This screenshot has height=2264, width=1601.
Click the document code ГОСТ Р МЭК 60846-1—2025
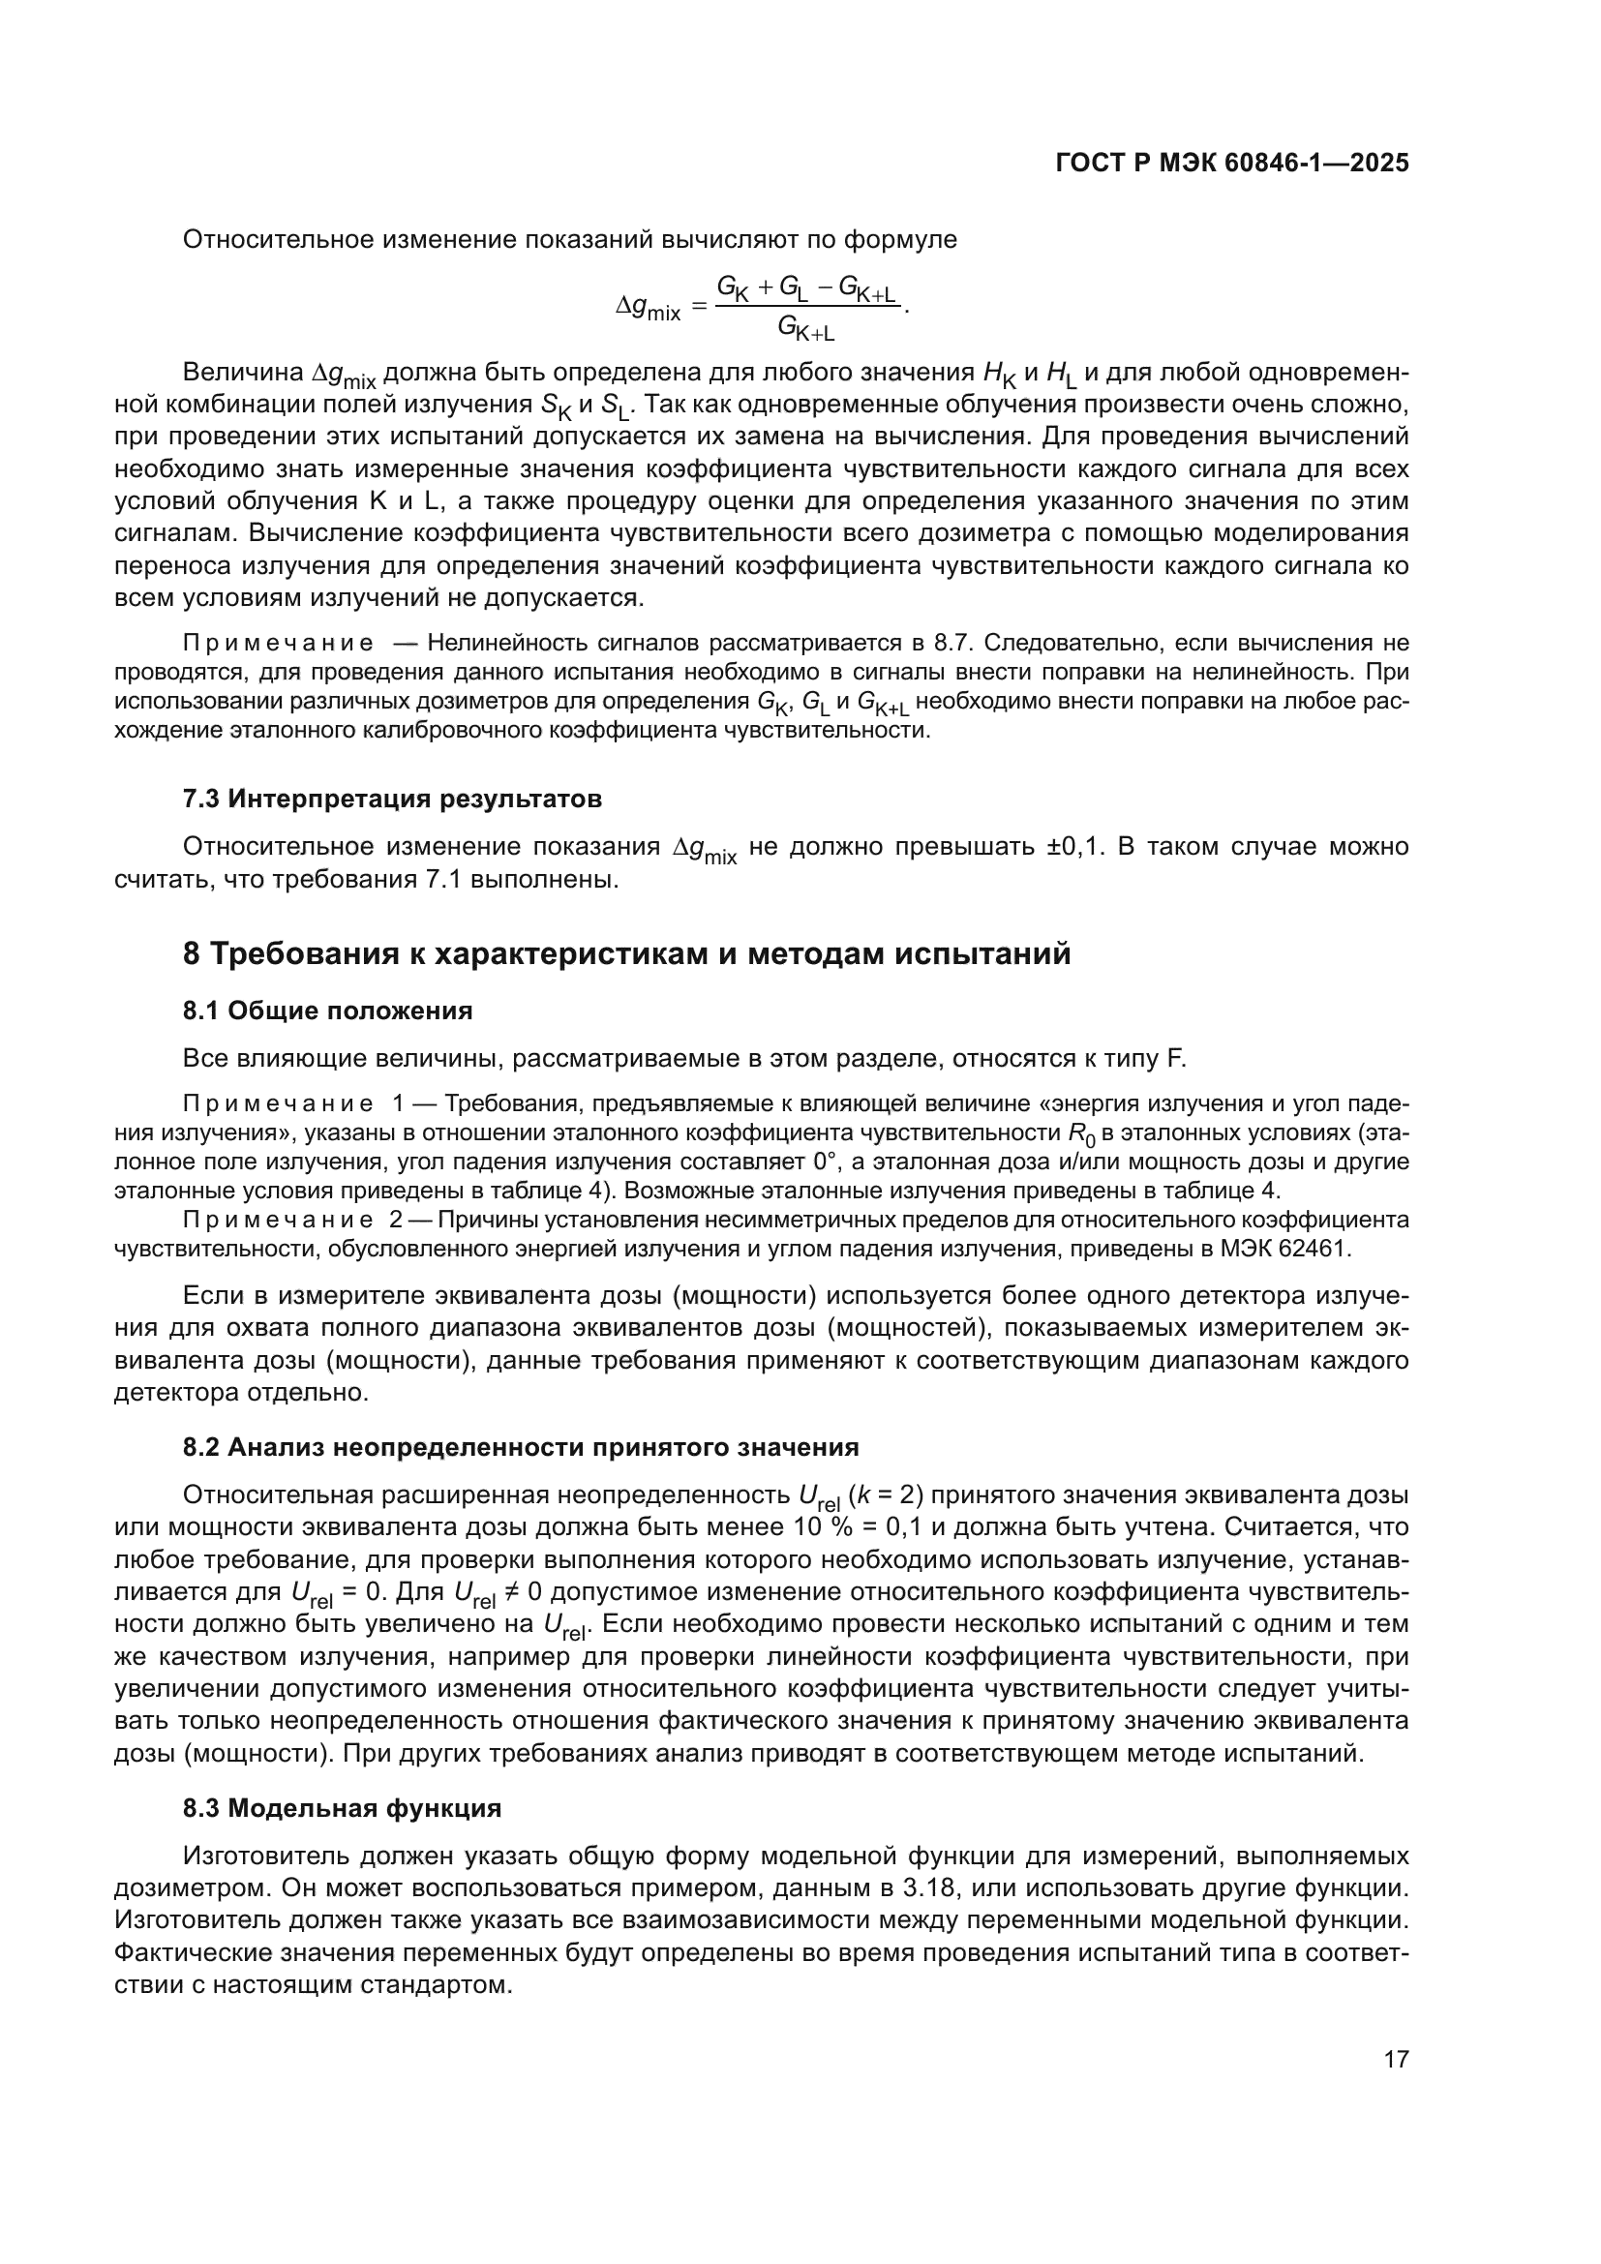click(x=1231, y=164)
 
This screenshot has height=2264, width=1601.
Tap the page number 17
click(x=1396, y=2059)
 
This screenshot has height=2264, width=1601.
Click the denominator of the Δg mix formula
click(x=805, y=326)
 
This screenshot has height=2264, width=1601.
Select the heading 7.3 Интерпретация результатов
click(x=392, y=799)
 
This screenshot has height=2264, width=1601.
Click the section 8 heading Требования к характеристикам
click(x=627, y=954)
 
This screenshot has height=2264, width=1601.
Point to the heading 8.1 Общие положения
click(x=327, y=1011)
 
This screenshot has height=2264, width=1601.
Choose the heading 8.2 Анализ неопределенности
click(x=521, y=1447)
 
